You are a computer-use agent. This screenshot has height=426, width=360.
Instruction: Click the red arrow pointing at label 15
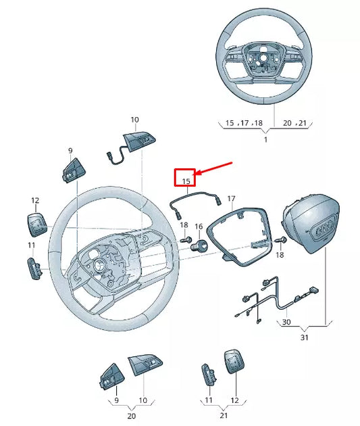(215, 169)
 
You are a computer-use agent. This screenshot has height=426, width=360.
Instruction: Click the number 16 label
(199, 227)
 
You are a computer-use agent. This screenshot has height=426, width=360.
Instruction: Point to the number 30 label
(286, 323)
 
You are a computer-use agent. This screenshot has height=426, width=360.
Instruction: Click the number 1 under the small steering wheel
(265, 139)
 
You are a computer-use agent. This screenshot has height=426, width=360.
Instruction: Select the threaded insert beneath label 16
(200, 244)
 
